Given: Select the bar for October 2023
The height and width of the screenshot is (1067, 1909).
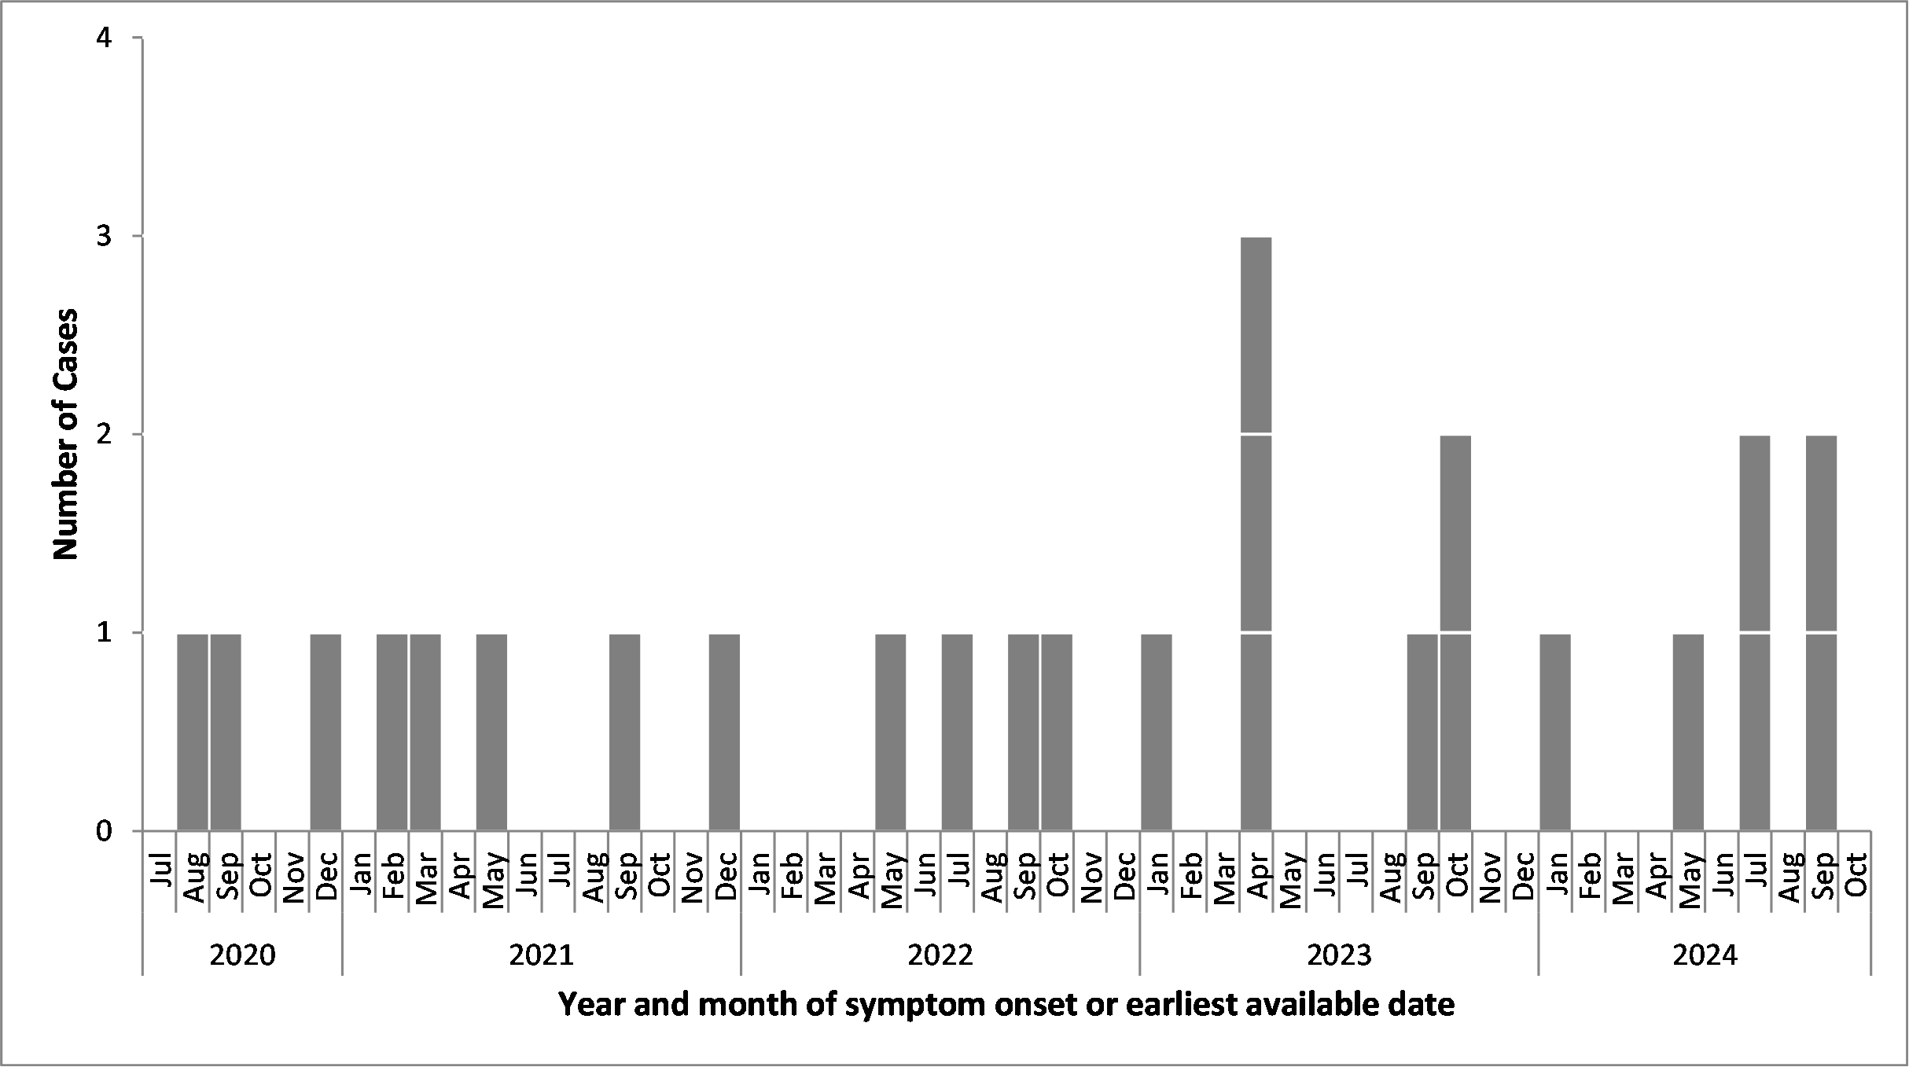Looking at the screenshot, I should pyautogui.click(x=1455, y=632).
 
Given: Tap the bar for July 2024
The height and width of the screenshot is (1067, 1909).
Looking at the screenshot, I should pyautogui.click(x=1755, y=632).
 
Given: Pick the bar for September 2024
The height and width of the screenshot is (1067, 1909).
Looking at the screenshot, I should pyautogui.click(x=1821, y=632).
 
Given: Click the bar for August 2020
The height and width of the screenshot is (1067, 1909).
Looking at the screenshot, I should pyautogui.click(x=193, y=731).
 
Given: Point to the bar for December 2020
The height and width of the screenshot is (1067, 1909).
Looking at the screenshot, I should pyautogui.click(x=326, y=731).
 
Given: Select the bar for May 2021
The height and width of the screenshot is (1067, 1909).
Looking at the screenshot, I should pyautogui.click(x=491, y=731).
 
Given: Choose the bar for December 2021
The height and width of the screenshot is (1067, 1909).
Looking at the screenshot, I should pyautogui.click(x=724, y=731).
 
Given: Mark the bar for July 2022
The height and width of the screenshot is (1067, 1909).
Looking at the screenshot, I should pyautogui.click(x=957, y=731).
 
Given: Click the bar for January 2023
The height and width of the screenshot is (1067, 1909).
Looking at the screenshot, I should pyautogui.click(x=1156, y=731).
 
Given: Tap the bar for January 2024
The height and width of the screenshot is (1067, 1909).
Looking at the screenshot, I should pyautogui.click(x=1555, y=731).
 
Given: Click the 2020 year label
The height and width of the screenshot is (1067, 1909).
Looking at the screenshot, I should pyautogui.click(x=243, y=956).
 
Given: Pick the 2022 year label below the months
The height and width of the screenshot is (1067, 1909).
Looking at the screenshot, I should pyautogui.click(x=940, y=956).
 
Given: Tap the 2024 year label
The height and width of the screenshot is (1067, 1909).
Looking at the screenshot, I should pyautogui.click(x=1705, y=956).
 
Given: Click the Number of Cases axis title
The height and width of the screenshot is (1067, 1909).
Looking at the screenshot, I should pyautogui.click(x=67, y=434).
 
